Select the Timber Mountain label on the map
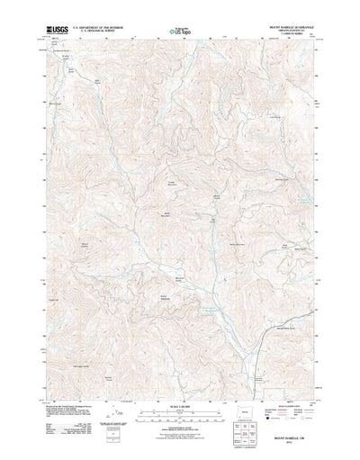point(167,184)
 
